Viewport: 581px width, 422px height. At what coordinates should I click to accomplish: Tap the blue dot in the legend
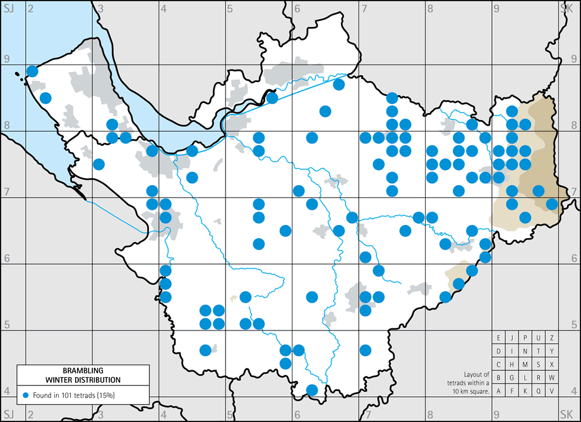pos(25,395)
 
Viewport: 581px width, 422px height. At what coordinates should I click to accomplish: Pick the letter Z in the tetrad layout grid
pos(551,337)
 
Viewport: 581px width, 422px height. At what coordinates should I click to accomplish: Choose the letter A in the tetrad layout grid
pos(499,390)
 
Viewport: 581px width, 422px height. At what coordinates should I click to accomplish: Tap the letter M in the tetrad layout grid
pos(525,364)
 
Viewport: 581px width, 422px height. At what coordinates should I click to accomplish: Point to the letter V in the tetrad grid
pos(551,390)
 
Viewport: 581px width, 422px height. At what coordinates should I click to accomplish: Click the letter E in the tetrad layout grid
pos(499,337)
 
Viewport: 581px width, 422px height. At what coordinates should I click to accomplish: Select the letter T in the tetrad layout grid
pos(538,351)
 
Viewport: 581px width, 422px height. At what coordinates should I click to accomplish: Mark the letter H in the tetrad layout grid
pos(512,364)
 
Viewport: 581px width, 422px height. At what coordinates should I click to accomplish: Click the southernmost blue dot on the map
pos(311,390)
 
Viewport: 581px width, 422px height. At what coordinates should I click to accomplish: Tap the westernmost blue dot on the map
pos(32,71)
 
